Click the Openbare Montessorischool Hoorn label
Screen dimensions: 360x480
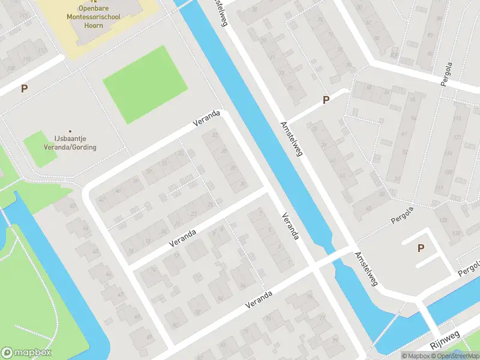click(x=98, y=16)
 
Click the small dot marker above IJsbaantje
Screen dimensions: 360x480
click(x=70, y=131)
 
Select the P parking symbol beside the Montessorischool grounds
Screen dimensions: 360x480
click(x=24, y=89)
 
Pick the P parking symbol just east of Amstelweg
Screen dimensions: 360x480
click(x=326, y=100)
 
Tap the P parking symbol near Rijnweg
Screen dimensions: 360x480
click(x=421, y=248)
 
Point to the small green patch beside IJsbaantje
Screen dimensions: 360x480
click(x=40, y=149)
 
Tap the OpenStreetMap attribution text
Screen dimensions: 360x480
click(x=457, y=356)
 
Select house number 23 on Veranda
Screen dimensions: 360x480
click(x=193, y=214)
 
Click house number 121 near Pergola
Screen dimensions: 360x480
click(x=457, y=137)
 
